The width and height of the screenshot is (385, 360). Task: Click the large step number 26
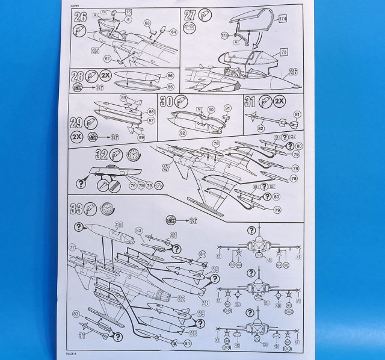pyautogui.click(x=79, y=17)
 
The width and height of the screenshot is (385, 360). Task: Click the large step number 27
pyautogui.click(x=189, y=17)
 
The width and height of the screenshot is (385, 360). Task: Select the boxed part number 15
pyautogui.click(x=128, y=11)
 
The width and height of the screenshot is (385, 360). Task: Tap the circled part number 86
pyautogui.click(x=170, y=76)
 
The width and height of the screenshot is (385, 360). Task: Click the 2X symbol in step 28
pyautogui.click(x=105, y=76)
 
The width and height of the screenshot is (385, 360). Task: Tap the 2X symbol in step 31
pyautogui.click(x=279, y=101)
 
